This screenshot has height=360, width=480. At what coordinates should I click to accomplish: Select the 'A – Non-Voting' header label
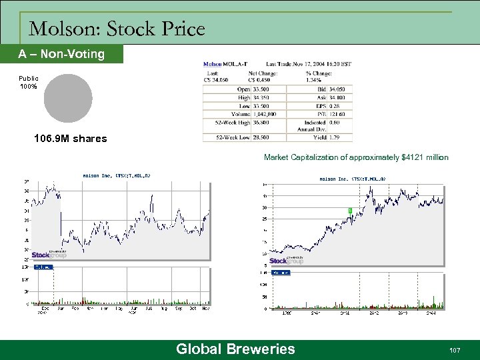click(61, 54)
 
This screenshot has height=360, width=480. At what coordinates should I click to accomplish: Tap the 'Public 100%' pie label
click(29, 83)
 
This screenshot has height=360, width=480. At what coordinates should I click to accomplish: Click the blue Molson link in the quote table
click(213, 64)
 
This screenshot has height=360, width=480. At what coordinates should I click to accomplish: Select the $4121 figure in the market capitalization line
click(412, 158)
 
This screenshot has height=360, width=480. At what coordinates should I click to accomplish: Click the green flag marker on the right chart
click(350, 210)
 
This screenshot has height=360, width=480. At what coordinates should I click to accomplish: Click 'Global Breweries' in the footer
click(235, 349)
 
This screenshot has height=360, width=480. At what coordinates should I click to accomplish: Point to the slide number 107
click(456, 350)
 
